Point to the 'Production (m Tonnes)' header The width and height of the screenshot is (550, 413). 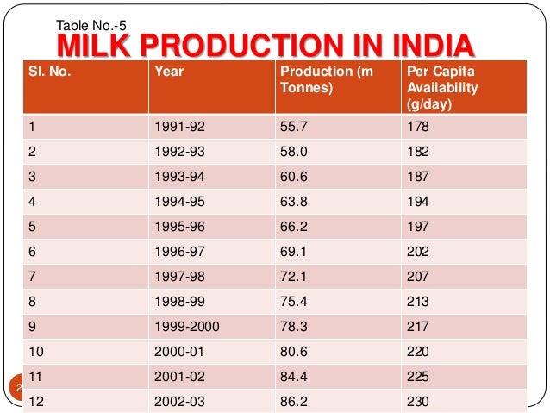326,79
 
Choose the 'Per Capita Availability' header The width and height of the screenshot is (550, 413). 441,87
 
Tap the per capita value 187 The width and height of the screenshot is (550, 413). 418,173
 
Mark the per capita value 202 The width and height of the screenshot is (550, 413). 418,243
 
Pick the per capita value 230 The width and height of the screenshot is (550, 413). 418,402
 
